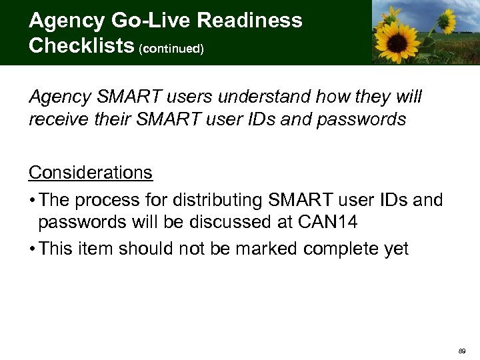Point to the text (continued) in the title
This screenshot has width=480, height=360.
(171, 48)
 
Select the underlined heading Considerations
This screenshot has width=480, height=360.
(91, 173)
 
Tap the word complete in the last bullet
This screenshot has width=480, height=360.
(339, 249)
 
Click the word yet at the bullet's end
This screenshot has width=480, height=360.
(395, 249)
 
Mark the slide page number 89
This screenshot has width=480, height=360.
(462, 349)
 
